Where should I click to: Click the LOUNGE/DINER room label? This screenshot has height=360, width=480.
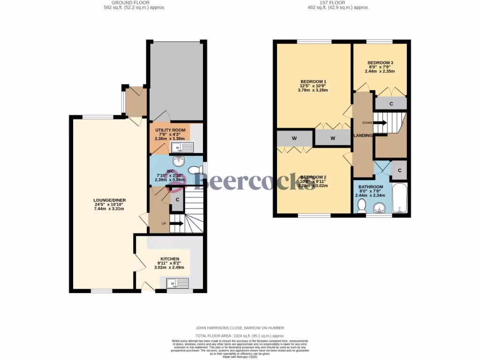point(109,200)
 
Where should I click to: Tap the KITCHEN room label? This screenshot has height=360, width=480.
point(170,259)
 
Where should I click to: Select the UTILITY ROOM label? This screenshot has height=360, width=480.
point(170,130)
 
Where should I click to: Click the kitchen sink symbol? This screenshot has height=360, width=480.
point(177,283)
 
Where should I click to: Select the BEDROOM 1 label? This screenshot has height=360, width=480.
point(313,82)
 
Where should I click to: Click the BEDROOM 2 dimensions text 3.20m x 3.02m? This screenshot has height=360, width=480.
point(313,186)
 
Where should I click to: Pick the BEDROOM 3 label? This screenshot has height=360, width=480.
point(380,63)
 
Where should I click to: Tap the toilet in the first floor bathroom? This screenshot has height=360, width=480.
point(361,205)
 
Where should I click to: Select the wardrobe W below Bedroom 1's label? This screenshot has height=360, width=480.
point(332,138)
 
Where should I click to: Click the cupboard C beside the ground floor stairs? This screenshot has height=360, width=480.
point(177,200)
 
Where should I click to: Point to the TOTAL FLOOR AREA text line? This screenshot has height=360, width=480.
point(240,336)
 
